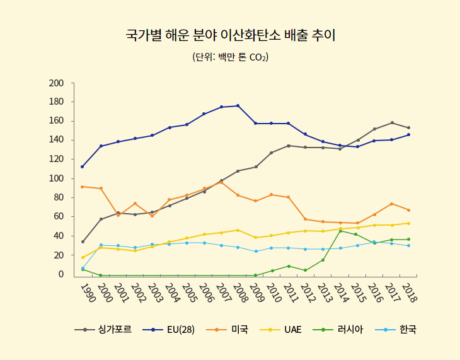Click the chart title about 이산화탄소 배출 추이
(230, 35)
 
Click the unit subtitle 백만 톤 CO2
(230, 57)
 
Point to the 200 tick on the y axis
(56, 83)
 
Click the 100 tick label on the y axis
(56, 179)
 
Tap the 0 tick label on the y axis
(61, 274)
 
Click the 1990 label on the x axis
(88, 293)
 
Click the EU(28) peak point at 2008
(238, 106)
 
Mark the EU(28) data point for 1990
(83, 166)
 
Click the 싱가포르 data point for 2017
(392, 123)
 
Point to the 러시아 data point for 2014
(340, 231)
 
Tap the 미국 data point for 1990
(83, 187)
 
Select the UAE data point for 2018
(408, 223)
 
